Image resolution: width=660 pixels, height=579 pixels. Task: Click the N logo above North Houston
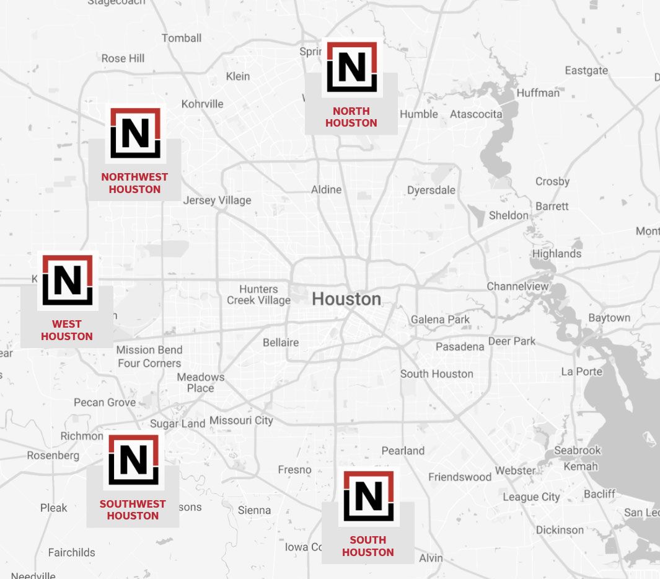point(351,67)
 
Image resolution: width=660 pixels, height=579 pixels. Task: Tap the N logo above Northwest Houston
point(135,133)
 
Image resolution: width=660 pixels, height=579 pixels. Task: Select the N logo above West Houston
point(68,280)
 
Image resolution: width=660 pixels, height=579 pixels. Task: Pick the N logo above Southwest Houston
point(133,459)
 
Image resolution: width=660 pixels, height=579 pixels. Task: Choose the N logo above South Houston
point(368,496)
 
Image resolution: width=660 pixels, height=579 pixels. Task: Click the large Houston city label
point(346,299)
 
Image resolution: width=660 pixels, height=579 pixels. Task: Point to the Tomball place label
point(182,38)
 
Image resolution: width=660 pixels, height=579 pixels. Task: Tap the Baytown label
point(609,318)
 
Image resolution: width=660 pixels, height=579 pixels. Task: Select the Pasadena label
point(460,346)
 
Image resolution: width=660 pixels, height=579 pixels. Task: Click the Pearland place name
point(403,451)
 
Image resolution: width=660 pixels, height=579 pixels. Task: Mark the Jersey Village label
point(217,200)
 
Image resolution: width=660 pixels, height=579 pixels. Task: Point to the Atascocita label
point(476,114)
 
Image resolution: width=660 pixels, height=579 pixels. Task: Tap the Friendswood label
point(460,477)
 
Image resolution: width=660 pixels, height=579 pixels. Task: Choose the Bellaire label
point(281,342)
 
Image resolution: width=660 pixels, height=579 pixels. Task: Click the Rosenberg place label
point(53,456)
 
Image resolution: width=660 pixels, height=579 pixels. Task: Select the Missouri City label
point(241,420)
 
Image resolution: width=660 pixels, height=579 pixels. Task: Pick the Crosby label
point(552,181)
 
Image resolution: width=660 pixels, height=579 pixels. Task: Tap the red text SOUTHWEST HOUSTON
point(133,509)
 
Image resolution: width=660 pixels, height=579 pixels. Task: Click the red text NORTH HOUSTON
point(351,117)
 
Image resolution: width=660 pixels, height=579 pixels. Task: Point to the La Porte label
point(581,371)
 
